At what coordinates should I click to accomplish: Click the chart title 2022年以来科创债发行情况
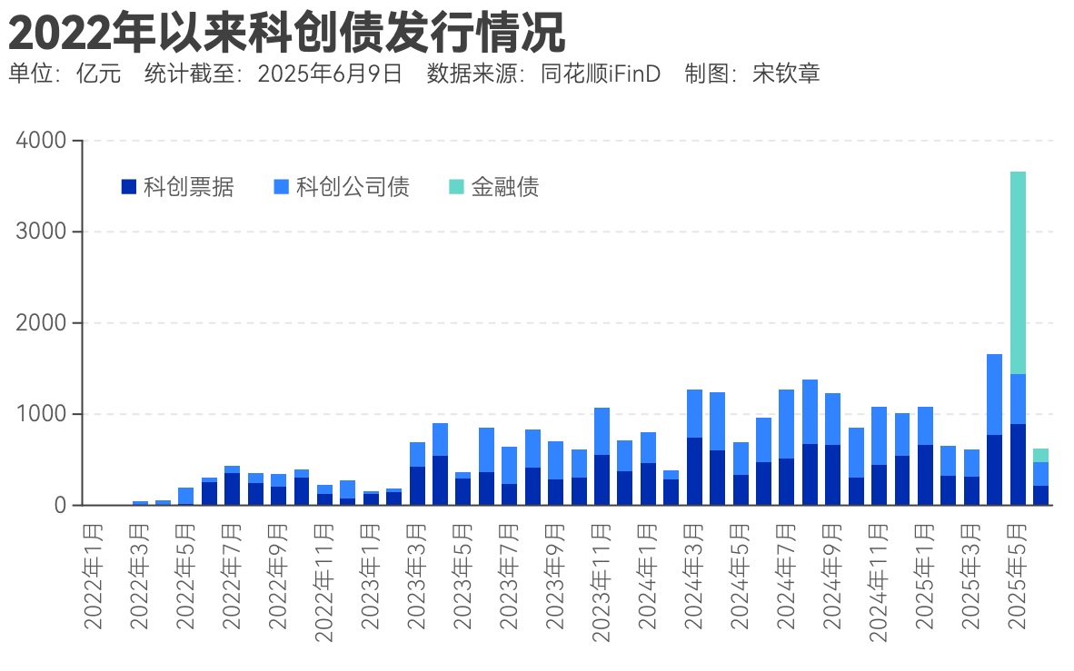(x=287, y=34)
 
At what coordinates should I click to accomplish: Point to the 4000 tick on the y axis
(x=42, y=141)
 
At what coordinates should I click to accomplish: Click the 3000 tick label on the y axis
(x=42, y=232)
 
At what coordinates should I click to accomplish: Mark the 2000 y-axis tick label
(x=42, y=323)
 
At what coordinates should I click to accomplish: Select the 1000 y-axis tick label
(x=42, y=414)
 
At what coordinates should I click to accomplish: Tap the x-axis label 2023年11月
(x=602, y=582)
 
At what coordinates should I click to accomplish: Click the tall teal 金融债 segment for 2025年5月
(x=1018, y=272)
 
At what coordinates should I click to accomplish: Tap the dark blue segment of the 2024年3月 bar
(x=694, y=471)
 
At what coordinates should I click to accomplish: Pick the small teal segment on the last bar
(x=1040, y=455)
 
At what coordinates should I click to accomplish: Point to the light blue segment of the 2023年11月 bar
(x=602, y=431)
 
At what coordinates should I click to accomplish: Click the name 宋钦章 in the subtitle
(x=787, y=74)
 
